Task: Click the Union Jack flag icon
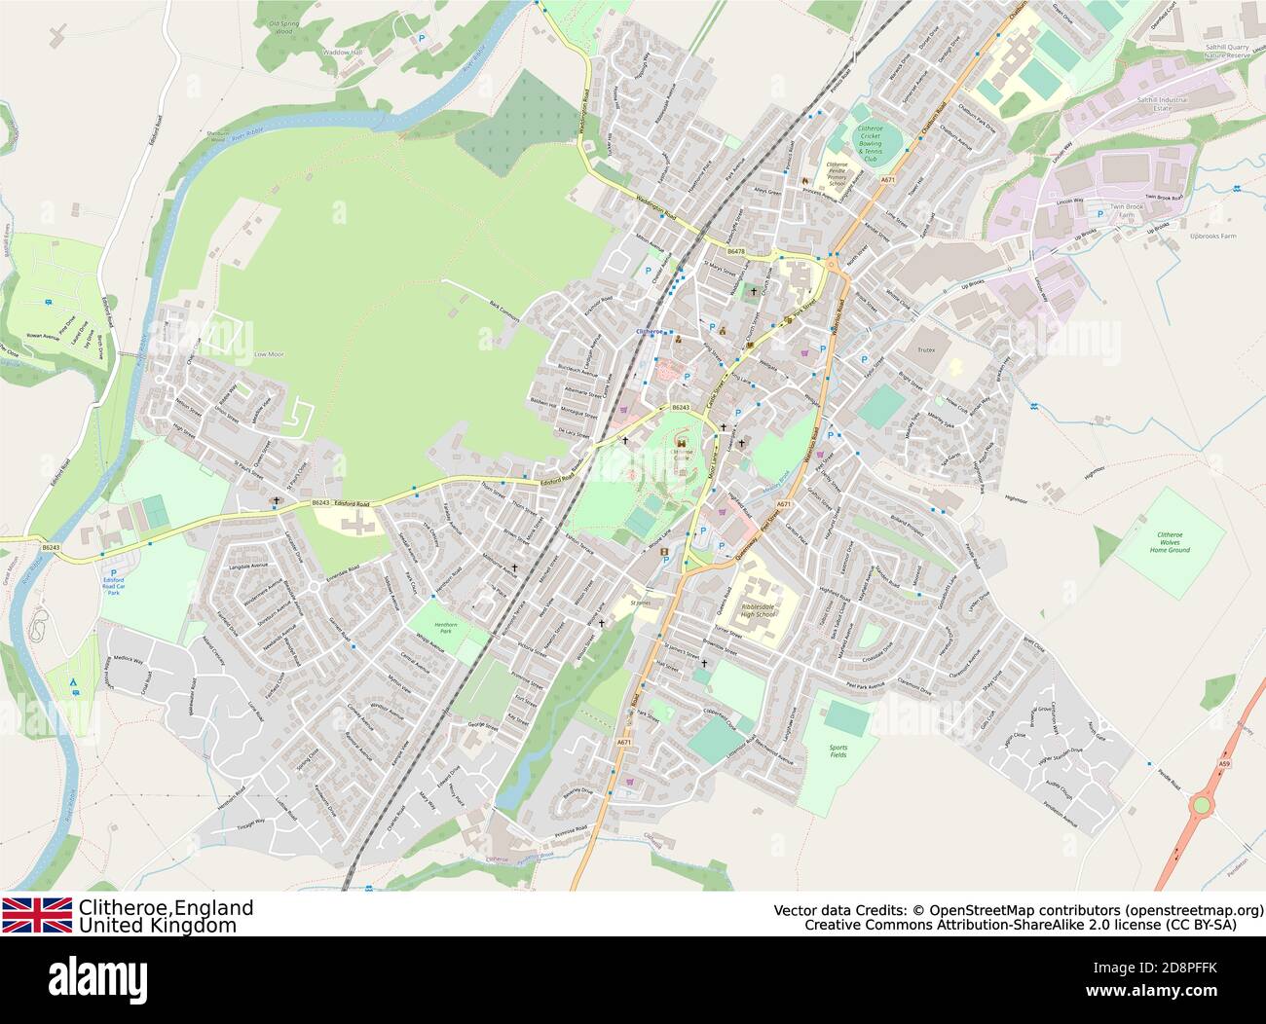tap(37, 915)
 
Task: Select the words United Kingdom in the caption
tap(158, 926)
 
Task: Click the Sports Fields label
tap(838, 750)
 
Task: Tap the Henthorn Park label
tap(446, 627)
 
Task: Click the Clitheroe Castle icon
tap(680, 442)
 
